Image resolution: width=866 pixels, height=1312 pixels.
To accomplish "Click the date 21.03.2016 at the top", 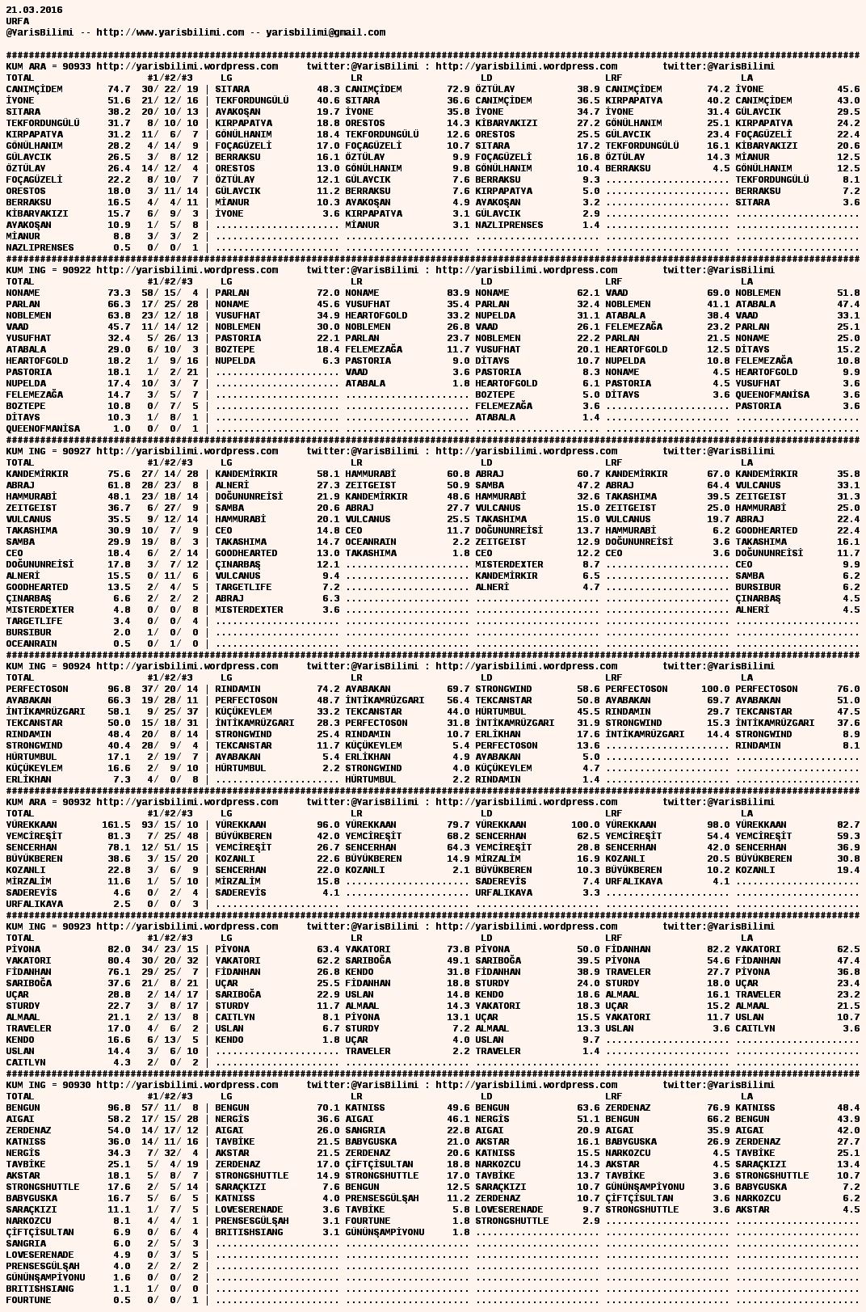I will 34,10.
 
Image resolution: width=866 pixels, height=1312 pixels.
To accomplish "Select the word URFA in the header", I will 18,21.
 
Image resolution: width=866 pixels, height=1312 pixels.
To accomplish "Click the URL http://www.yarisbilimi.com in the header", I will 170,32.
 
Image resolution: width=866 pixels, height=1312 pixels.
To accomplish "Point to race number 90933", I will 76,66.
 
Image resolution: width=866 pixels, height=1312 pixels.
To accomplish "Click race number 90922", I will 76,270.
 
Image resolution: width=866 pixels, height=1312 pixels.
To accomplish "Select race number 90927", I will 76,451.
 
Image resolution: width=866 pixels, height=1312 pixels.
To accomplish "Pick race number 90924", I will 76,666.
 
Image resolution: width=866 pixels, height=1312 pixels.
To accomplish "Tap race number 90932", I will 76,802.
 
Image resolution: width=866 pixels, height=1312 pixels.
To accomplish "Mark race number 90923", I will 76,926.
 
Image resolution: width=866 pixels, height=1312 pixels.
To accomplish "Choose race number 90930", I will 76,1085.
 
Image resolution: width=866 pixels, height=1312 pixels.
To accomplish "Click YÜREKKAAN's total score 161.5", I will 116,825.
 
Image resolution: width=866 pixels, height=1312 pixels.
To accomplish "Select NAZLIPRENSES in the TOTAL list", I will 40,247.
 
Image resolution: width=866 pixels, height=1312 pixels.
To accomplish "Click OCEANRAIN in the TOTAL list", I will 32,643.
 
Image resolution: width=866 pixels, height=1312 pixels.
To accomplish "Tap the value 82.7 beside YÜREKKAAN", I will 848,825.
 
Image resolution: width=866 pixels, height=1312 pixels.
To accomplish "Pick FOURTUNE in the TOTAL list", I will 28,1300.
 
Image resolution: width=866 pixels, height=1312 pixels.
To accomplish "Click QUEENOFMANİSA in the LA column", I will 772,394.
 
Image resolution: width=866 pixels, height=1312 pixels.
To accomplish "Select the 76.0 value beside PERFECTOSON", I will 848,689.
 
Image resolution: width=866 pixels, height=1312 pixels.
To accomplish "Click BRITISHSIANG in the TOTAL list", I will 40,1289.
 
